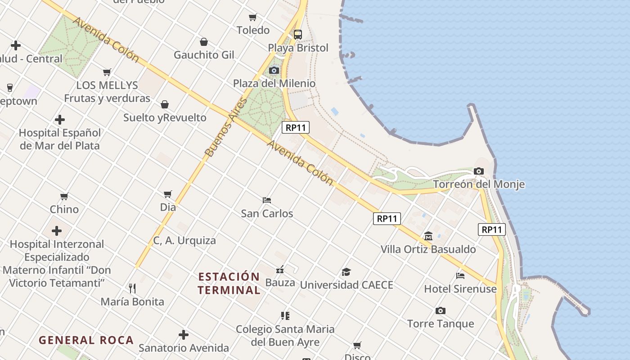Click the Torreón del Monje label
point(478,184)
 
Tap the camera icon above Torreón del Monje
point(479,171)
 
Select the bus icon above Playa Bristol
point(298,34)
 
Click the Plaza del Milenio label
point(274,83)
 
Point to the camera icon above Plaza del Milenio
point(274,70)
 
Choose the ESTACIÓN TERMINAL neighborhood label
point(229,283)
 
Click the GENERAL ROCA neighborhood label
point(86,340)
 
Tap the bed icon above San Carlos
point(267,200)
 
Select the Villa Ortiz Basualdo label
point(428,249)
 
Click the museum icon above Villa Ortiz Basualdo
point(428,236)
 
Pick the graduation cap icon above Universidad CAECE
point(346,272)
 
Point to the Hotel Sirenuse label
point(460,288)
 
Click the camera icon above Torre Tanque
point(441,310)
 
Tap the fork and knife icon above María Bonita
point(132,288)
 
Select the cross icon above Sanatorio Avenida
point(183,335)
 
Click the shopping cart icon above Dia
point(168,194)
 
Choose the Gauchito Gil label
point(204,55)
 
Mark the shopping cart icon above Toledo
point(253,18)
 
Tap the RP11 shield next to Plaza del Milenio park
point(296,127)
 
